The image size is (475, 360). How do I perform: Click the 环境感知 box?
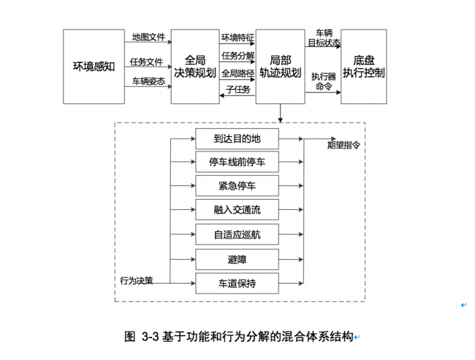(94, 66)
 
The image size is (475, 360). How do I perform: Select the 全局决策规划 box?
(195, 66)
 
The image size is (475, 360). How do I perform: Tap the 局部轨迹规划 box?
(280, 66)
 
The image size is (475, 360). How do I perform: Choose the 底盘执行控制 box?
(363, 66)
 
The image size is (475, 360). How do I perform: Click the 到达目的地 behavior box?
(237, 138)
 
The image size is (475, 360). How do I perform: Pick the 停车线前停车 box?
(237, 162)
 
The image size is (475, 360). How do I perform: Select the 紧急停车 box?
(237, 186)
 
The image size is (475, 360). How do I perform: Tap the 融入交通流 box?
(237, 210)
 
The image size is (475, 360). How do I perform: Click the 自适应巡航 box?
(237, 235)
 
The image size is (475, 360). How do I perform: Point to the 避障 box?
(237, 259)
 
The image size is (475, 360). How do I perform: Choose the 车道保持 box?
(237, 283)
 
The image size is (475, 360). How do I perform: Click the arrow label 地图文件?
(148, 37)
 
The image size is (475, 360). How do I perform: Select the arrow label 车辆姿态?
(148, 81)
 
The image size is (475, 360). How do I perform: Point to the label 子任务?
(237, 89)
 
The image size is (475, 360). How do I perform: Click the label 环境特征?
(237, 37)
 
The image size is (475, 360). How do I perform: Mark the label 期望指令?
(343, 145)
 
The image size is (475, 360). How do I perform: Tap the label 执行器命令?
(324, 81)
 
